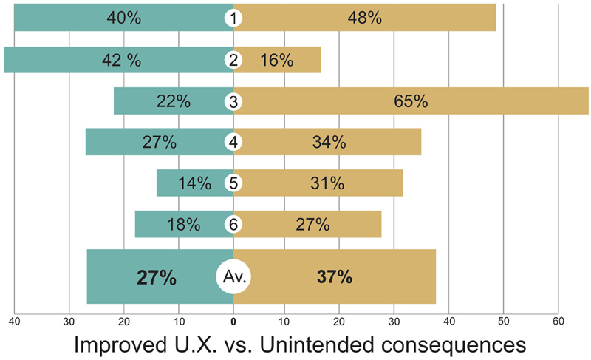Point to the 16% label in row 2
[276, 61]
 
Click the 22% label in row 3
[172, 101]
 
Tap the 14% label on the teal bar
[194, 183]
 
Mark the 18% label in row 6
[184, 224]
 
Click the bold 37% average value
[334, 277]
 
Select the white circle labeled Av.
[233, 277]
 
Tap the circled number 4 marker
[233, 142]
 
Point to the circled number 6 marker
[233, 224]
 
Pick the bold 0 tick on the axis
[233, 321]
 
